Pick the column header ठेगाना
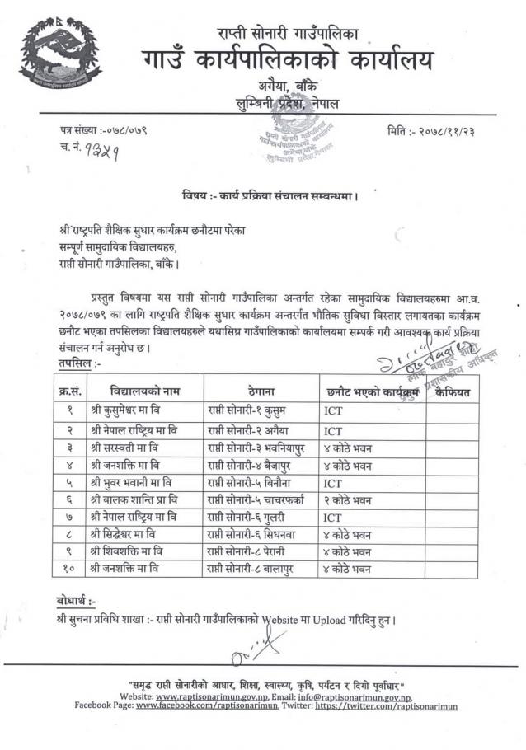coord(260,391)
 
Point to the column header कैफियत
coord(453,391)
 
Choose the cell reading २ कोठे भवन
coord(347,503)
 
